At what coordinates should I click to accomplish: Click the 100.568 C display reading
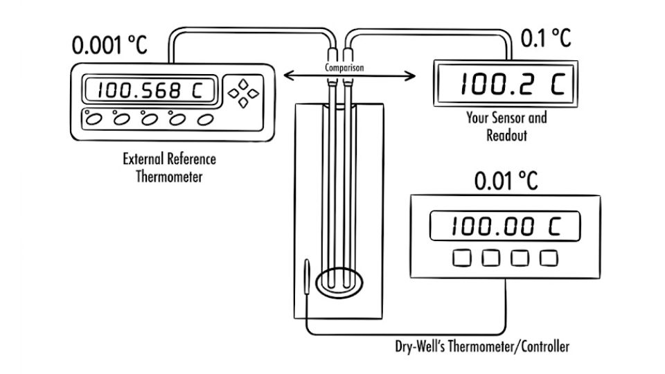click(x=150, y=90)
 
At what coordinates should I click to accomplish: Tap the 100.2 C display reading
click(x=513, y=83)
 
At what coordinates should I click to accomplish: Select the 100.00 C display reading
click(x=506, y=226)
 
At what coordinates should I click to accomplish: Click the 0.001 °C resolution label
click(x=109, y=45)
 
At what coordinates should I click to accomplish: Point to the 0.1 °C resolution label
click(x=545, y=38)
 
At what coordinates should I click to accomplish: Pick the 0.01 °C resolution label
click(x=506, y=181)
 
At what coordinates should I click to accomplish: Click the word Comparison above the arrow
click(x=344, y=67)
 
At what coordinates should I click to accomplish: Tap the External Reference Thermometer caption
click(x=169, y=168)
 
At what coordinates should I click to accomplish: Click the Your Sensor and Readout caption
click(x=506, y=126)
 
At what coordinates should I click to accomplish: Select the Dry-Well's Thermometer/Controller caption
click(x=482, y=346)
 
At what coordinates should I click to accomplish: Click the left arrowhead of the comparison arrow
click(x=288, y=75)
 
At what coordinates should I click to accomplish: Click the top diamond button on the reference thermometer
click(x=243, y=84)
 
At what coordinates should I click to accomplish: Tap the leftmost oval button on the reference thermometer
click(x=94, y=120)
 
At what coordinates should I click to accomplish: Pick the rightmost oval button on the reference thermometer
click(x=205, y=120)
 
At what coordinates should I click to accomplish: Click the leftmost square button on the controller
click(x=461, y=258)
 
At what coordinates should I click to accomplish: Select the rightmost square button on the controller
click(x=549, y=258)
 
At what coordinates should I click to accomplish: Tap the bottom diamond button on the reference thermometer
click(x=243, y=103)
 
